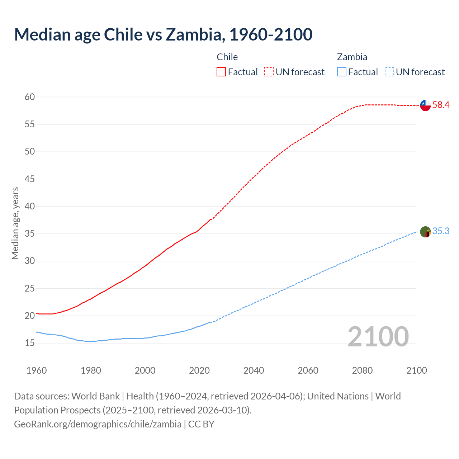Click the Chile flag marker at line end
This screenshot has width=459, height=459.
(x=425, y=105)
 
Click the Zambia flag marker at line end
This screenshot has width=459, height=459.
(x=425, y=232)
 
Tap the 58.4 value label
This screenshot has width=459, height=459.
(x=441, y=105)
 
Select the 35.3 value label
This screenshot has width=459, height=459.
(x=441, y=231)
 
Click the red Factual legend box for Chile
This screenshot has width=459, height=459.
(x=221, y=72)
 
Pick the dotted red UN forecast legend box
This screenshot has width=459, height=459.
(x=269, y=72)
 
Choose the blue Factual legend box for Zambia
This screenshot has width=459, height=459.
(x=342, y=72)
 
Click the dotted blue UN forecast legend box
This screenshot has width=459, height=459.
(x=389, y=72)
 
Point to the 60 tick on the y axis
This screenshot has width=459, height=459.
(x=30, y=97)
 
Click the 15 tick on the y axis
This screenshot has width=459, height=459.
(x=30, y=343)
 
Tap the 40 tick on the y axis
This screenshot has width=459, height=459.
(x=30, y=206)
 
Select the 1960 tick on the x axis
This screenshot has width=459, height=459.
(x=37, y=370)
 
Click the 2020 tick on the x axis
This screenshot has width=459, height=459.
(x=199, y=370)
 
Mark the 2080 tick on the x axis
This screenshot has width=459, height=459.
(x=362, y=370)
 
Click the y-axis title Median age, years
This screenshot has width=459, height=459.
(x=15, y=223)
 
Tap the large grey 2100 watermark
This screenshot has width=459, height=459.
(x=378, y=336)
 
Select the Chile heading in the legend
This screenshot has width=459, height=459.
(x=227, y=57)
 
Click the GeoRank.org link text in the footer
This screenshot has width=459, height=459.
(x=98, y=424)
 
